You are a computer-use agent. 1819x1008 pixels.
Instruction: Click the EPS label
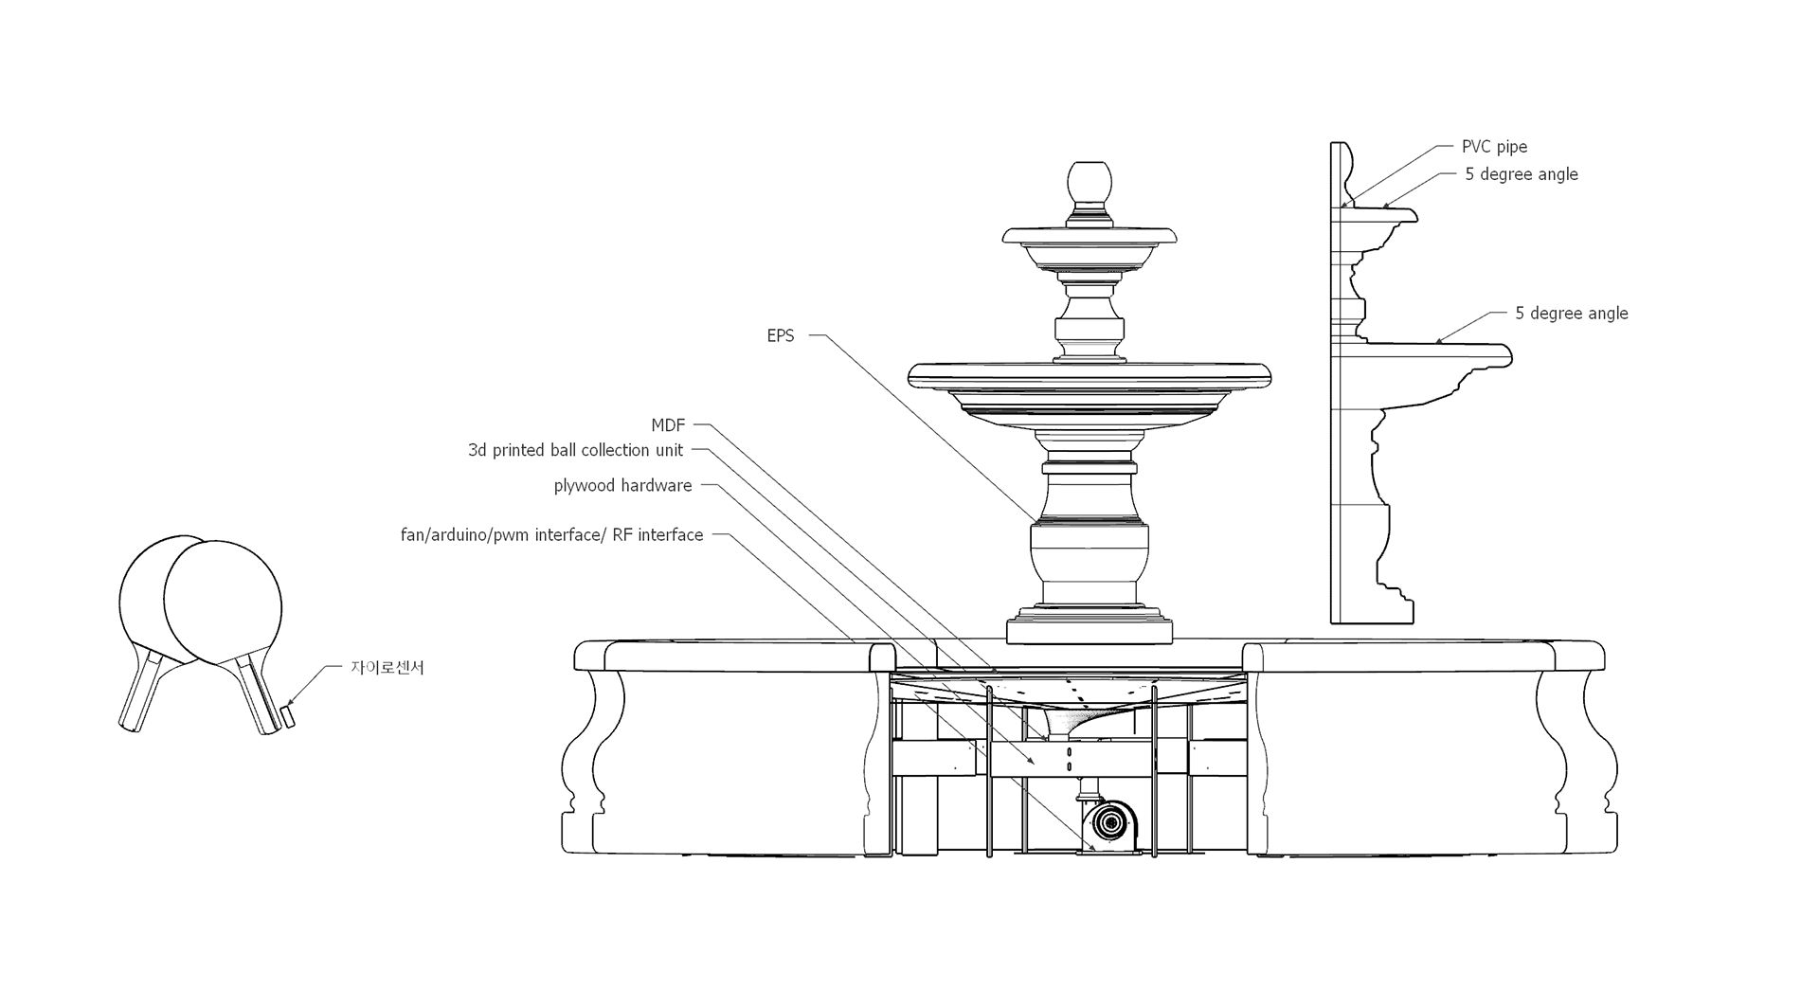pos(780,336)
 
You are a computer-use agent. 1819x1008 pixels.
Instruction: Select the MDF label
pos(667,426)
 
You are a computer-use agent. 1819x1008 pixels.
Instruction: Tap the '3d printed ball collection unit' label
pos(575,451)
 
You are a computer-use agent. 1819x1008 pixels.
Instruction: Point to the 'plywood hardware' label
pos(622,486)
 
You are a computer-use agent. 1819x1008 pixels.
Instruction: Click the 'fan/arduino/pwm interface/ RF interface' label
pos(551,535)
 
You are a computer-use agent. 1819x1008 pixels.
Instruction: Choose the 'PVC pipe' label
pos(1494,147)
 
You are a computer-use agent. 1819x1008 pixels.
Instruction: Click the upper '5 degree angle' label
pos(1521,174)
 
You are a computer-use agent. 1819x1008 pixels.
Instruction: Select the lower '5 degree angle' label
pos(1571,314)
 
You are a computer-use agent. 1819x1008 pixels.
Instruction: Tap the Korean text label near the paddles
pos(387,668)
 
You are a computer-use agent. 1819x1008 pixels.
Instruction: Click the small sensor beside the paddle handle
pos(288,715)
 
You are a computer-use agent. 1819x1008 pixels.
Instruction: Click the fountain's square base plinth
pos(1089,629)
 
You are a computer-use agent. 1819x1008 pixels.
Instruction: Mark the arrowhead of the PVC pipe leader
pos(1344,205)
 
